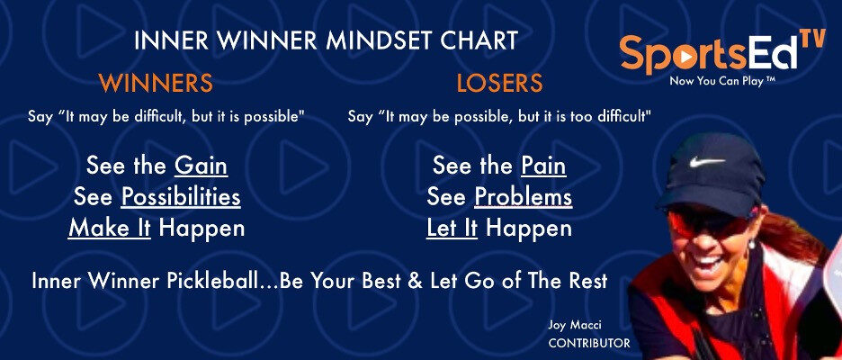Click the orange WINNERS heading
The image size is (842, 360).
157,84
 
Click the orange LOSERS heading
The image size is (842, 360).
499,84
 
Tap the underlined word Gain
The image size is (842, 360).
201,166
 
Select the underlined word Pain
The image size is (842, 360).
543,166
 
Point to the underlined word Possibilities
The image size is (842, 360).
181,197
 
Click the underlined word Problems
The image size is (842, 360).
524,197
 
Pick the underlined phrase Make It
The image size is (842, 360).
110,229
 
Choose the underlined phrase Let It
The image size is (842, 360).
452,229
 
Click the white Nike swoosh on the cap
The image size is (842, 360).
707,161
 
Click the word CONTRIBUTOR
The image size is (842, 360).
589,343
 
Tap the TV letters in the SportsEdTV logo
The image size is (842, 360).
812,40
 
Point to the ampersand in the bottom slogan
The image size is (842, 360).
415,281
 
